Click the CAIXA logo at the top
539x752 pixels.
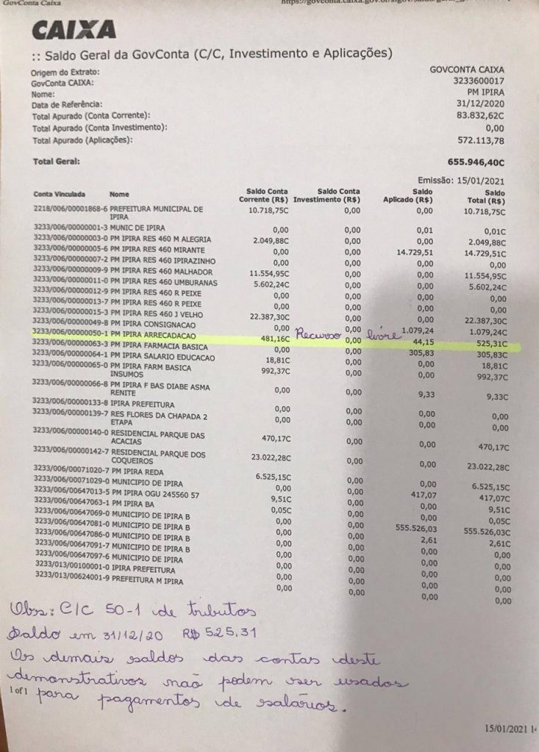[x=74, y=29]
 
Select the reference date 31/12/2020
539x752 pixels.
[x=481, y=104]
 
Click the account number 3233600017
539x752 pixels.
[x=479, y=82]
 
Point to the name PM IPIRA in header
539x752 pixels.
[x=486, y=93]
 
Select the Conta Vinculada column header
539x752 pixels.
[x=60, y=195]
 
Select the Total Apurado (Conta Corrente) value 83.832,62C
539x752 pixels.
[x=479, y=115]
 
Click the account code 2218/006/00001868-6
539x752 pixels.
[x=70, y=209]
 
